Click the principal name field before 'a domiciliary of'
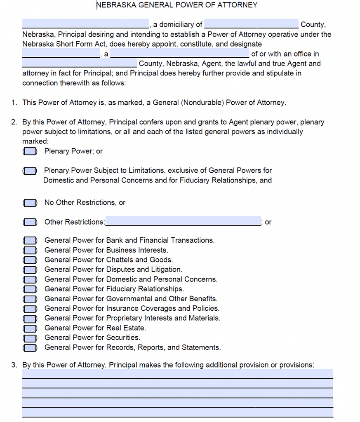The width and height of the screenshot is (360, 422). [x=85, y=24]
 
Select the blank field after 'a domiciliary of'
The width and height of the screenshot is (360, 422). [x=251, y=24]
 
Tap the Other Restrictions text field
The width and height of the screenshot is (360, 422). [x=183, y=221]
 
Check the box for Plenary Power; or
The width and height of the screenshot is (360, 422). [x=30, y=152]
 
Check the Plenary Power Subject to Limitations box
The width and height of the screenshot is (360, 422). [x=30, y=171]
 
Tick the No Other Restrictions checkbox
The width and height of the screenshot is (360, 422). [x=30, y=203]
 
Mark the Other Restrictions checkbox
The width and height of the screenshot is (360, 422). [x=30, y=222]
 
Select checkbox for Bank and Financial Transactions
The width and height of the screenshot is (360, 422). [x=30, y=240]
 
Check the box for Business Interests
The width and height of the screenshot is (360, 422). [x=30, y=250]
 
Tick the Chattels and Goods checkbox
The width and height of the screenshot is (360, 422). [x=30, y=260]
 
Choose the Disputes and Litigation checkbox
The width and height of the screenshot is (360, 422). [x=30, y=270]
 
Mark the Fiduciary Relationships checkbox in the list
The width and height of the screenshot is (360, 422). [x=30, y=289]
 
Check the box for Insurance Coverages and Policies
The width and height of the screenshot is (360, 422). [x=30, y=309]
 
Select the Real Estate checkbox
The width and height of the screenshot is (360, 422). [x=30, y=328]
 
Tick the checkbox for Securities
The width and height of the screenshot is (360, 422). [x=30, y=338]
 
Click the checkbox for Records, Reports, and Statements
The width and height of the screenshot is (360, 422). [x=30, y=348]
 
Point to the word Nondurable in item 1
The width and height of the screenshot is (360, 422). [x=202, y=103]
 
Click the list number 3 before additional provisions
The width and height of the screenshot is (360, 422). [x=14, y=365]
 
